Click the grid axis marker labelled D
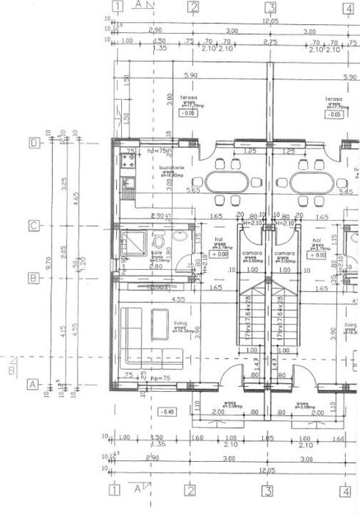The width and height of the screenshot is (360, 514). point(33,143)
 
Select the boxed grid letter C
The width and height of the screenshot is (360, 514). point(33,226)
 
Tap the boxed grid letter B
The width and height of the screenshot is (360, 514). point(33,279)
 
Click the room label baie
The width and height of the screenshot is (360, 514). point(156,251)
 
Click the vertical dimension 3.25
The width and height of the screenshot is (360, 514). point(63,180)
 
